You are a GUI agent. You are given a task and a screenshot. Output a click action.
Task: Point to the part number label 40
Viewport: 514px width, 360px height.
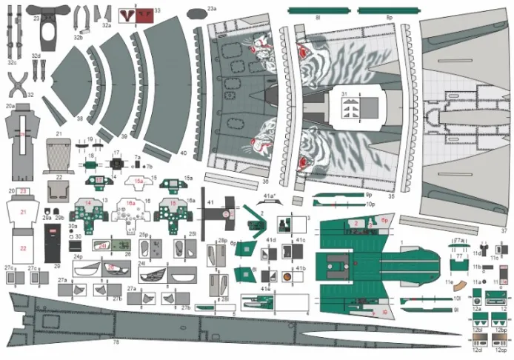coord(182,153)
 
